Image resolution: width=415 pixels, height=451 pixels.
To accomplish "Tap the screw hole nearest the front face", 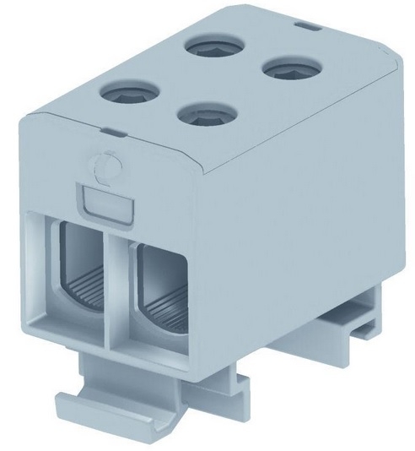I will [x=202, y=115].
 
